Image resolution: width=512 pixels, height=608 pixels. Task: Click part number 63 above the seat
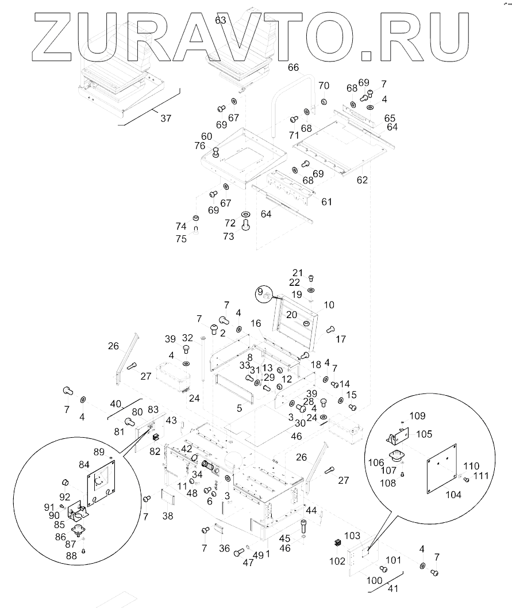point(220,20)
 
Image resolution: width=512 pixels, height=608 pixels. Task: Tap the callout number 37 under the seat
point(165,118)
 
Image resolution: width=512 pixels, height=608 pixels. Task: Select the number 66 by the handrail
point(293,67)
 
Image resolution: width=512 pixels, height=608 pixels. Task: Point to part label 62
point(362,180)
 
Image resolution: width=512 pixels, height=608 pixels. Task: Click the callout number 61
point(326,202)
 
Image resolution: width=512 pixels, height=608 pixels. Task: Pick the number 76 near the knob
point(200,146)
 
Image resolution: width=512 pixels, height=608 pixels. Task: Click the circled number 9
point(260,292)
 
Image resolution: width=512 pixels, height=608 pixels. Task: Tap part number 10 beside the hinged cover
point(329,305)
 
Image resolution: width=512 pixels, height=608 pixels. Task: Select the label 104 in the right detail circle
point(453,494)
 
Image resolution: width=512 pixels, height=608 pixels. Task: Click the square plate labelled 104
point(441,468)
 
